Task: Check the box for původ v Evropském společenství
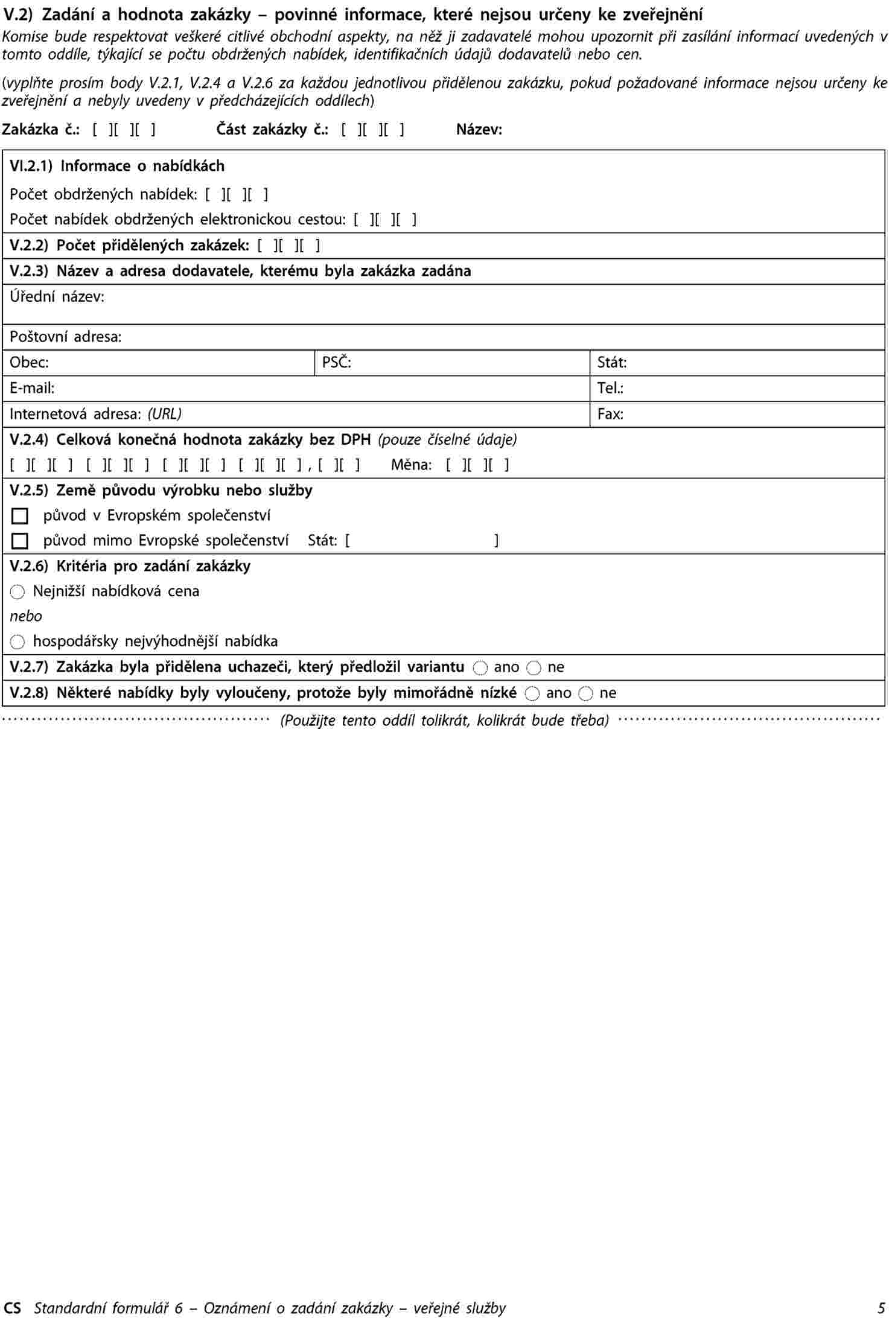click(20, 517)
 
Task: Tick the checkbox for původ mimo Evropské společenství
click(20, 541)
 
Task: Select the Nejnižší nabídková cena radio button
click(18, 592)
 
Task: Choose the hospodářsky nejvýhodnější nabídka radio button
click(18, 642)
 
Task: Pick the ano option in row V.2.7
click(480, 667)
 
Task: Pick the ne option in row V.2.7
click(534, 667)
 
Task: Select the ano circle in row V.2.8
click(532, 693)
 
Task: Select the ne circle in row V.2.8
click(585, 693)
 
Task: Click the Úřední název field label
click(57, 296)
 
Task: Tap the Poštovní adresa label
click(65, 337)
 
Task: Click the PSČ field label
click(336, 362)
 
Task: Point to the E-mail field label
click(32, 388)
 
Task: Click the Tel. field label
click(610, 388)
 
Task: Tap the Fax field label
click(610, 414)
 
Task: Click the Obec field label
click(29, 362)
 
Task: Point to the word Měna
click(411, 465)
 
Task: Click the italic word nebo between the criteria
click(26, 616)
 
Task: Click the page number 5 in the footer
click(882, 1308)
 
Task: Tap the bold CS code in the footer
click(12, 1308)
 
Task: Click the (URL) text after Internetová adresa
click(164, 414)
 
